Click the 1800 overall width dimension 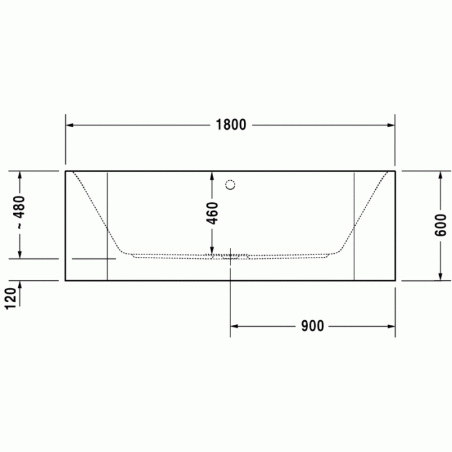[x=231, y=125]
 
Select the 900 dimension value [x=313, y=326]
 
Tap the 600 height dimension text [x=441, y=225]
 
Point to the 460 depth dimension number [x=212, y=213]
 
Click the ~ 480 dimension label [x=20, y=213]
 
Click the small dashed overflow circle [x=231, y=185]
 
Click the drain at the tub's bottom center [x=231, y=256]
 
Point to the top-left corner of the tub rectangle [x=66, y=171]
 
